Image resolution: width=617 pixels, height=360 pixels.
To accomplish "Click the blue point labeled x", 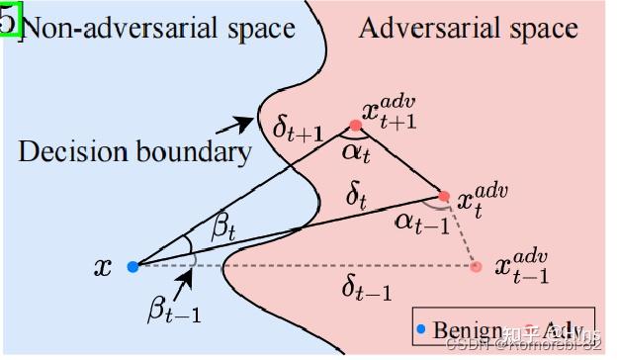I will click(132, 265).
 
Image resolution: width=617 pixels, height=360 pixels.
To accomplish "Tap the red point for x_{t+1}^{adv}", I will click(355, 126).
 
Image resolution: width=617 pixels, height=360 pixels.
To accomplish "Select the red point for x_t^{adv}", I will click(444, 196).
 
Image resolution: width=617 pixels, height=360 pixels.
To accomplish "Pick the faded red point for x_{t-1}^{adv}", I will click(477, 265).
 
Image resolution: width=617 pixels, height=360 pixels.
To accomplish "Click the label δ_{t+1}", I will click(297, 128).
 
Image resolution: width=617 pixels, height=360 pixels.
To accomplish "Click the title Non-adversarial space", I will click(158, 27).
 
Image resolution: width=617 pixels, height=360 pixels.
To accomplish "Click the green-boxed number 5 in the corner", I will click(9, 19).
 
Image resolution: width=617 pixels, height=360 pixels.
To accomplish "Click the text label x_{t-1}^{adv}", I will click(521, 263).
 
